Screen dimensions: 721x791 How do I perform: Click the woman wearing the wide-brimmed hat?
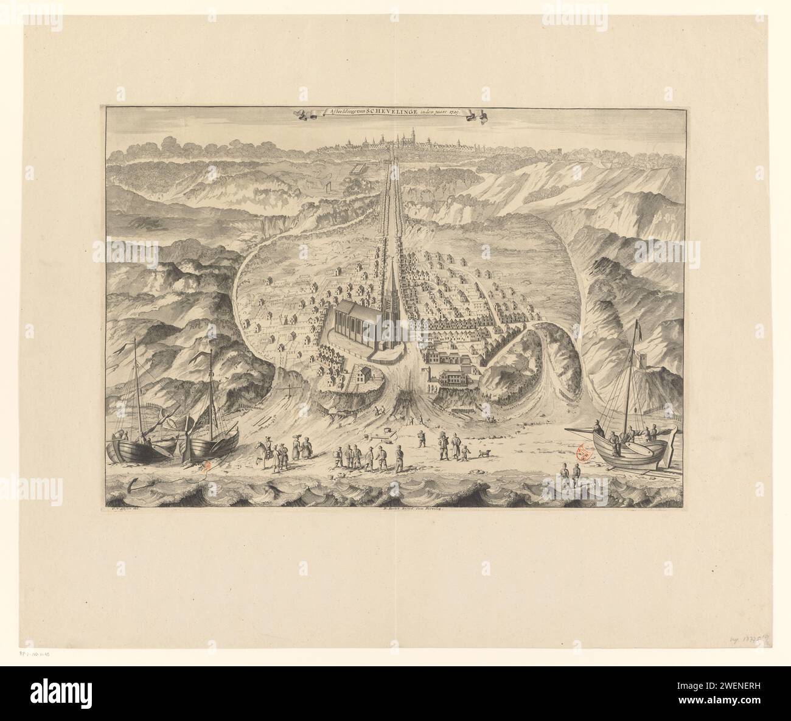click(x=297, y=446)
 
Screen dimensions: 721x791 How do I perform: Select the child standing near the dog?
click(x=466, y=452)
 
